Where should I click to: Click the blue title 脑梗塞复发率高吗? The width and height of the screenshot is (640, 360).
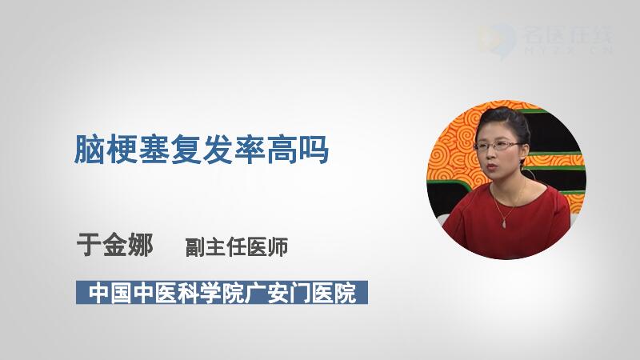(202, 150)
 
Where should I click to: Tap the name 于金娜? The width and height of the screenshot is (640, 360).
(114, 245)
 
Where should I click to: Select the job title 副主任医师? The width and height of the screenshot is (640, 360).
(237, 247)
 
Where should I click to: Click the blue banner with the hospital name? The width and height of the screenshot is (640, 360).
(222, 292)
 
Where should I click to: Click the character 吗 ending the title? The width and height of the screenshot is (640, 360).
(314, 150)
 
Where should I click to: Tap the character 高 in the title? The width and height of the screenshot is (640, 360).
(282, 150)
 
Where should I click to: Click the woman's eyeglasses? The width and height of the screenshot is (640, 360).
(498, 146)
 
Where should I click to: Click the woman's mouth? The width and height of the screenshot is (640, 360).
(492, 167)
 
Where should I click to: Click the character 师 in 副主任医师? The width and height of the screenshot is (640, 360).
(278, 247)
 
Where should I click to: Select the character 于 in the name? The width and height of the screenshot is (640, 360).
(89, 245)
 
